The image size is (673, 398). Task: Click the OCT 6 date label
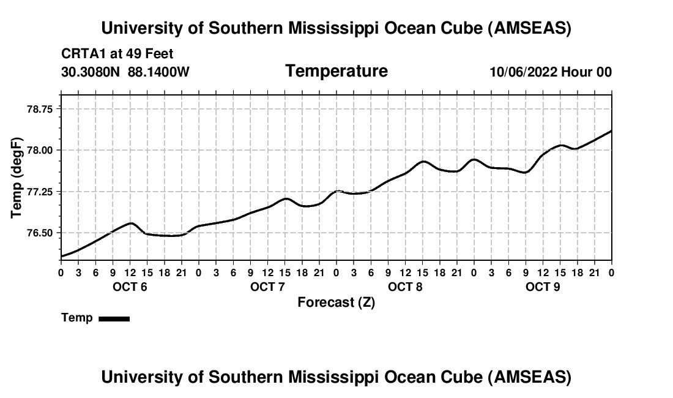(130, 287)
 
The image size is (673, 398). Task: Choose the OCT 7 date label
(267, 287)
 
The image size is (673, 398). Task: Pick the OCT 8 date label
(405, 287)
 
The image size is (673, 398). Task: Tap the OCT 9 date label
(543, 287)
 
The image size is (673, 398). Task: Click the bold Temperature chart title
(336, 71)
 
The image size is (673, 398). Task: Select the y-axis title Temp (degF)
(17, 178)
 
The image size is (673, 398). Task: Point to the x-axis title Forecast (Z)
(336, 302)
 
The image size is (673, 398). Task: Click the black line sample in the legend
(114, 318)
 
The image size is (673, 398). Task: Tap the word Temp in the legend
(77, 318)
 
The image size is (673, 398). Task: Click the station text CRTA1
(80, 54)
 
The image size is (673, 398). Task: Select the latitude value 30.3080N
(91, 72)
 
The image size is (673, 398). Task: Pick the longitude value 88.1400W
(158, 72)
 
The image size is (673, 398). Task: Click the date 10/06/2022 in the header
(523, 72)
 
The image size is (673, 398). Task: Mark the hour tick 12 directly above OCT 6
(130, 272)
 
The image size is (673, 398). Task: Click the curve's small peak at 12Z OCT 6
(130, 223)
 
